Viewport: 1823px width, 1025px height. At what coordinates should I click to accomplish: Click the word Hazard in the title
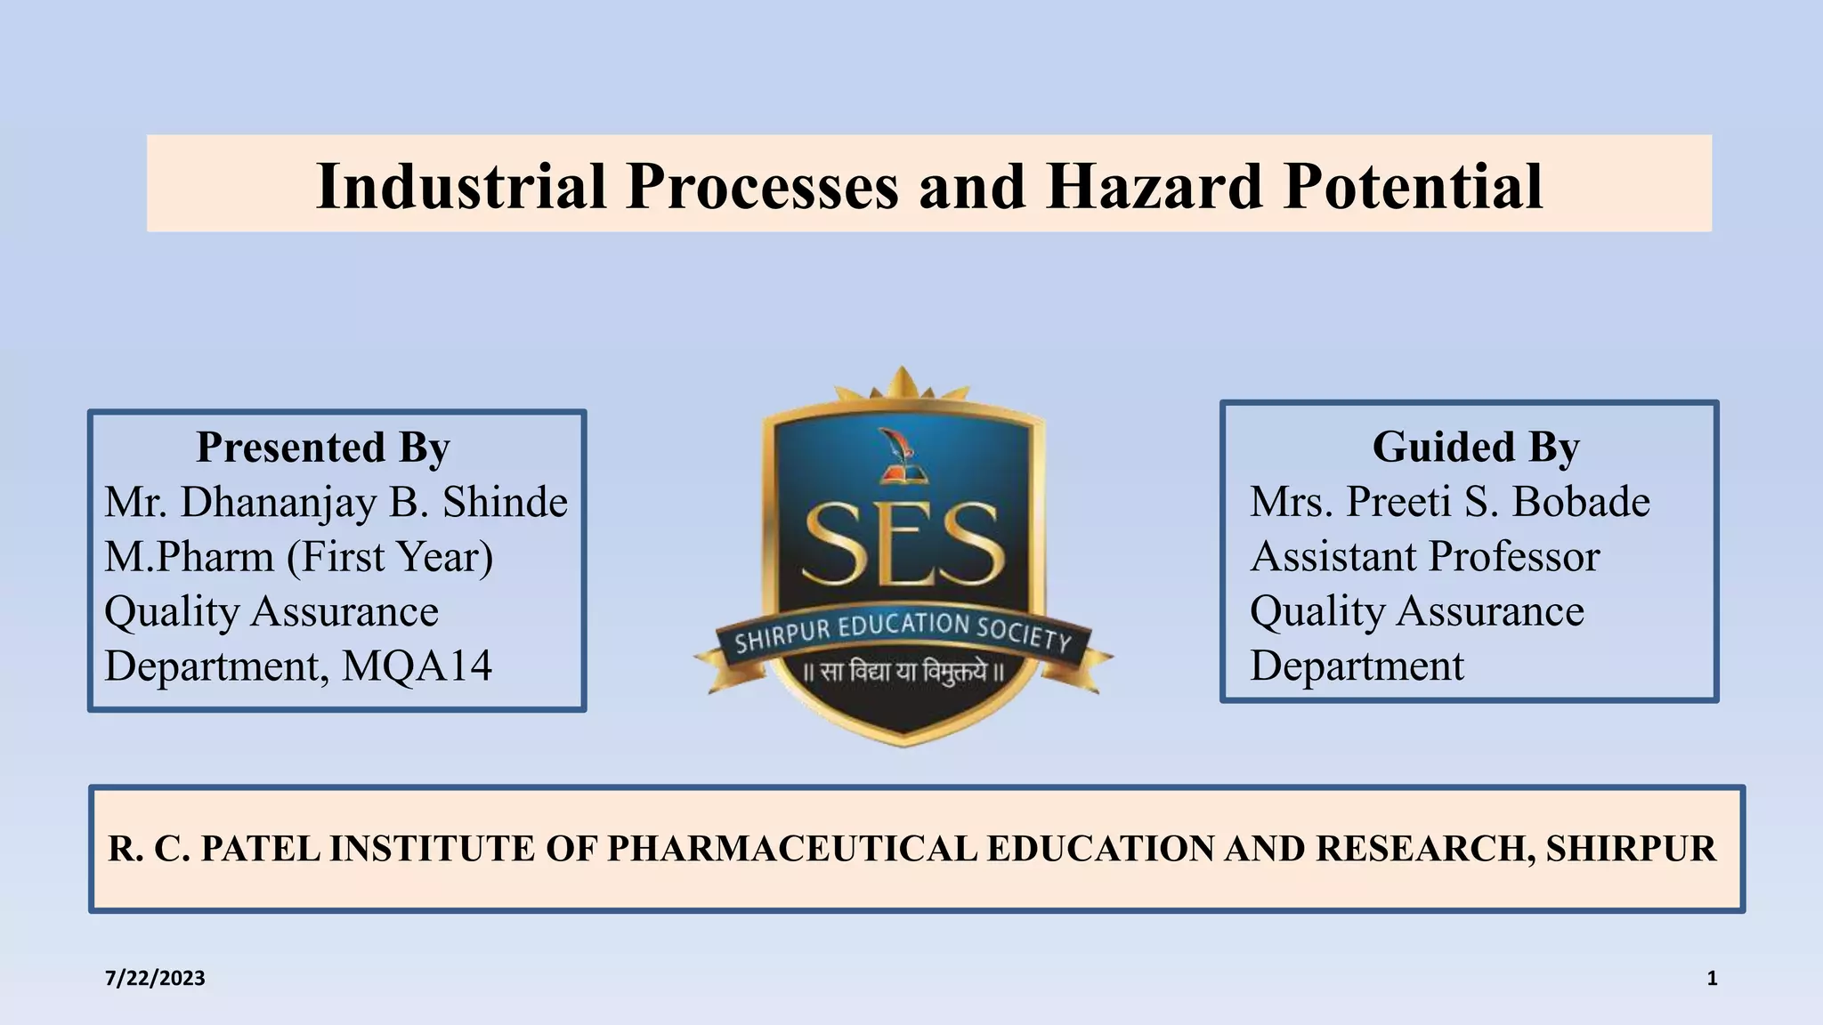(x=1155, y=186)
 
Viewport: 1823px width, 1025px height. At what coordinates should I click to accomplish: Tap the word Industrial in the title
(x=462, y=186)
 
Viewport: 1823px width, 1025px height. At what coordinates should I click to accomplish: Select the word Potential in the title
(x=1413, y=186)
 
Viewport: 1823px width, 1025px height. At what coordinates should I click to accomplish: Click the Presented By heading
(x=322, y=447)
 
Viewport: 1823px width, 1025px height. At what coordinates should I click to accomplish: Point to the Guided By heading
(x=1475, y=447)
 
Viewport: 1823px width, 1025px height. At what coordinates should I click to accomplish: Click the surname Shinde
(x=505, y=502)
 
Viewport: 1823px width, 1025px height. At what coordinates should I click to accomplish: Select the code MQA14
(x=417, y=666)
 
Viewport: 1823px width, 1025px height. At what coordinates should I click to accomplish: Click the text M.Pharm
(x=190, y=557)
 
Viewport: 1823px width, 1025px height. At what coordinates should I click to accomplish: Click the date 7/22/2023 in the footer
(x=155, y=979)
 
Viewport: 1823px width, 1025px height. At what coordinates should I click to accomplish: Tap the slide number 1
(x=1712, y=979)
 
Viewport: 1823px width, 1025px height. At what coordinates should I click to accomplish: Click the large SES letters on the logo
(x=903, y=545)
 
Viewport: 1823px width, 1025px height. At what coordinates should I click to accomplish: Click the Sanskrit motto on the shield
(x=903, y=672)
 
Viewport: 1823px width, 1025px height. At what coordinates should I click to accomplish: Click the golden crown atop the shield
(x=902, y=387)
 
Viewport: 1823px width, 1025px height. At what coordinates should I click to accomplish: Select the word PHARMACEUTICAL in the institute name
(x=792, y=849)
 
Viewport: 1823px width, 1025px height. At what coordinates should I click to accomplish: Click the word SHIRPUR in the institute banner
(x=1631, y=849)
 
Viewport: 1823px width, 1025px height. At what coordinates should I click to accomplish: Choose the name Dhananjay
(x=279, y=502)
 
